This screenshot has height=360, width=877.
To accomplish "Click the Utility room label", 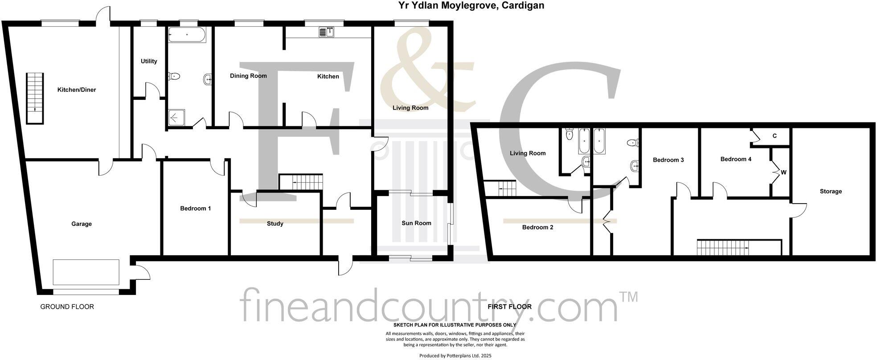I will [x=149, y=61].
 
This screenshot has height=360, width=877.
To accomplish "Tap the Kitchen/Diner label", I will [x=77, y=90].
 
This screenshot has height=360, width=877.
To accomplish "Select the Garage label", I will [x=82, y=224].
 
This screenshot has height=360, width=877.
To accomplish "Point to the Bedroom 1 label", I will [x=196, y=209].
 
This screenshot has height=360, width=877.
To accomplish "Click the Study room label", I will [x=275, y=224].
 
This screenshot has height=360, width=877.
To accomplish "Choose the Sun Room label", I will [x=416, y=223].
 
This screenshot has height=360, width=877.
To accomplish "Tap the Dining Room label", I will [x=248, y=76].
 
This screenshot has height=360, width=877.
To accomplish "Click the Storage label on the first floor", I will [x=831, y=192].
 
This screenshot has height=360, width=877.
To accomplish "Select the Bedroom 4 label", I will [x=736, y=160].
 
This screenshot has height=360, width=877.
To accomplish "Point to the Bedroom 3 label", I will [x=668, y=160].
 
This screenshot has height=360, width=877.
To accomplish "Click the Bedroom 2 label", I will [x=537, y=228].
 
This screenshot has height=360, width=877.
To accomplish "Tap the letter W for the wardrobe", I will [x=783, y=172].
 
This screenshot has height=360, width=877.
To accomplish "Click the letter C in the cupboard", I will [x=775, y=136].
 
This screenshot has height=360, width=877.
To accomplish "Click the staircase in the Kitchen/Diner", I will [x=35, y=98].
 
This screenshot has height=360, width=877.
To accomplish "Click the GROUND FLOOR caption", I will [x=67, y=307].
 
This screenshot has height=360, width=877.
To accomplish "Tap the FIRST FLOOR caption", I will [x=509, y=307].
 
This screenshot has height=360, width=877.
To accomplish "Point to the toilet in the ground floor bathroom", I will [x=174, y=77].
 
